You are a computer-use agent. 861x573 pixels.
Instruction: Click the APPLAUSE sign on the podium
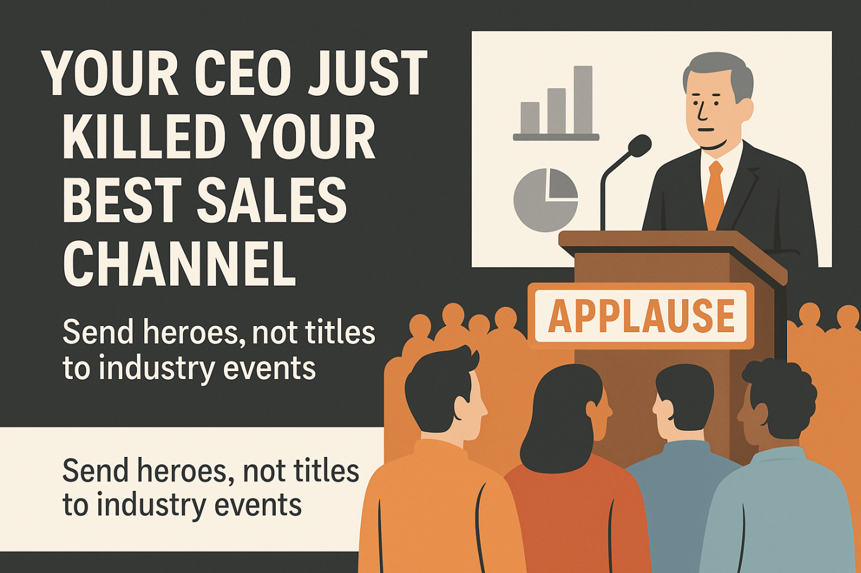click(x=641, y=316)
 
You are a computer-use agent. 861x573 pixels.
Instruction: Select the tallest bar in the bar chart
click(x=583, y=99)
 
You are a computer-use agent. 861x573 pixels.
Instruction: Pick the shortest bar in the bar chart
click(x=530, y=117)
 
